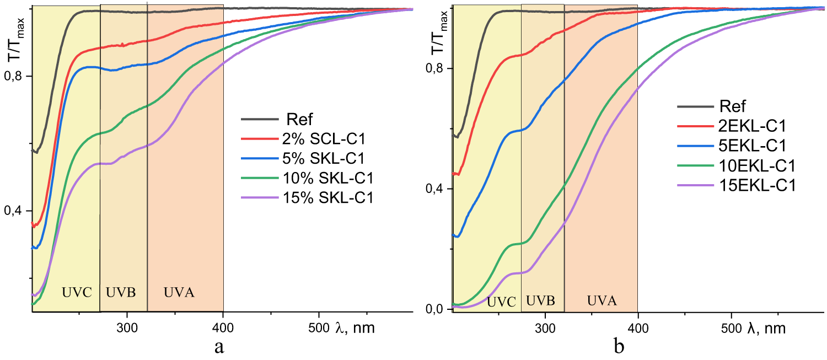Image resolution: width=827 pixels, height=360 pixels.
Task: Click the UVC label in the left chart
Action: [x=77, y=293]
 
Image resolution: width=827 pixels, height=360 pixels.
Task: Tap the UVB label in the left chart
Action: [x=121, y=293]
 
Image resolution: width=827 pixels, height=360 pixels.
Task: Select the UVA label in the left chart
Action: [x=179, y=293]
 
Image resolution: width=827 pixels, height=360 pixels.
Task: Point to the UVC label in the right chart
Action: [x=501, y=302]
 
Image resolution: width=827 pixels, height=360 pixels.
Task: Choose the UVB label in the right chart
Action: [x=540, y=301]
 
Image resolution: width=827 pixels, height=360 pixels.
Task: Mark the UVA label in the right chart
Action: [x=602, y=301]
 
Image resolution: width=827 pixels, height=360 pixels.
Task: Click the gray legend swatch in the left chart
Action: [x=260, y=119]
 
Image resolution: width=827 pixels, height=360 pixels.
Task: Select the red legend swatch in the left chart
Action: [x=260, y=139]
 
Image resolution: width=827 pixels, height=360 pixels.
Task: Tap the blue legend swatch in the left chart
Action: [x=260, y=159]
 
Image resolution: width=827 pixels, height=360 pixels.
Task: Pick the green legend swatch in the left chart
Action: [x=260, y=178]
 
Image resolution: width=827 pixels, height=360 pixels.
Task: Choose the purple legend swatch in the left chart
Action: [x=260, y=197]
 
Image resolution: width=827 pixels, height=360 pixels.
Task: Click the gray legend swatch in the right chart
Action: [x=696, y=106]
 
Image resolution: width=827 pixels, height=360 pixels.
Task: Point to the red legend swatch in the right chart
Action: [x=696, y=126]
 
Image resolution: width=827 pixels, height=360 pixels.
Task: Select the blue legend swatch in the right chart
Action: [x=696, y=146]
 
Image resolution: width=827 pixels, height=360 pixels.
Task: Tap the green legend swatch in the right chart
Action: [x=696, y=165]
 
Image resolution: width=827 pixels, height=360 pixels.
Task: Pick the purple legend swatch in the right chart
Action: [x=696, y=185]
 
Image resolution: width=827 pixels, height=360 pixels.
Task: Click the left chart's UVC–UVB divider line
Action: [x=100, y=221]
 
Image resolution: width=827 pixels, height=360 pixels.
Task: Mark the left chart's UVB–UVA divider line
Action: [x=147, y=221]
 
